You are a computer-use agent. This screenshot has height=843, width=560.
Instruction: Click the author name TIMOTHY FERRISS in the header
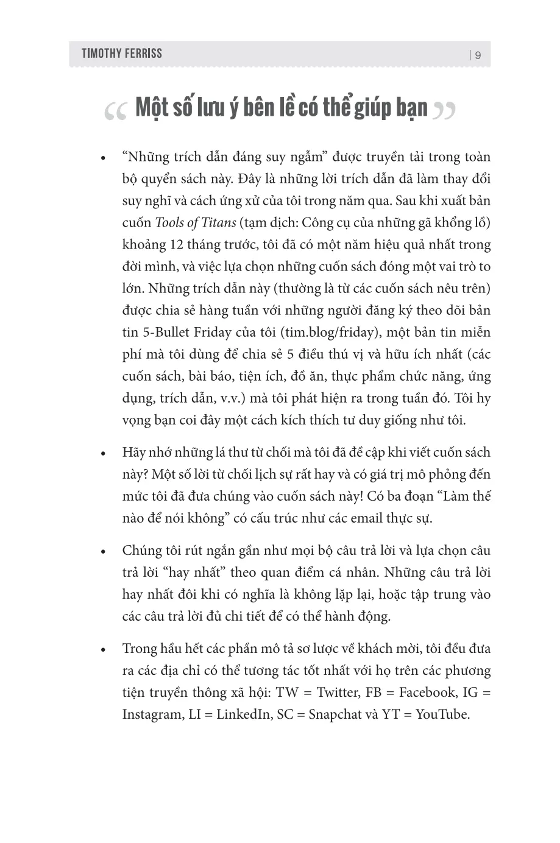pyautogui.click(x=122, y=54)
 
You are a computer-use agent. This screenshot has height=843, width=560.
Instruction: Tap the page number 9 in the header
pyautogui.click(x=478, y=55)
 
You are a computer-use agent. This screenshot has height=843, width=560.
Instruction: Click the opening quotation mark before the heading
pyautogui.click(x=115, y=110)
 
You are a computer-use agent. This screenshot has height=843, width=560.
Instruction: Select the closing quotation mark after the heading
pyautogui.click(x=443, y=110)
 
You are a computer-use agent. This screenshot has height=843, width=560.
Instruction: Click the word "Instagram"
pyautogui.click(x=149, y=714)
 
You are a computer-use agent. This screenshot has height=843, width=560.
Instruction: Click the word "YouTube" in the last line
pyautogui.click(x=442, y=714)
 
